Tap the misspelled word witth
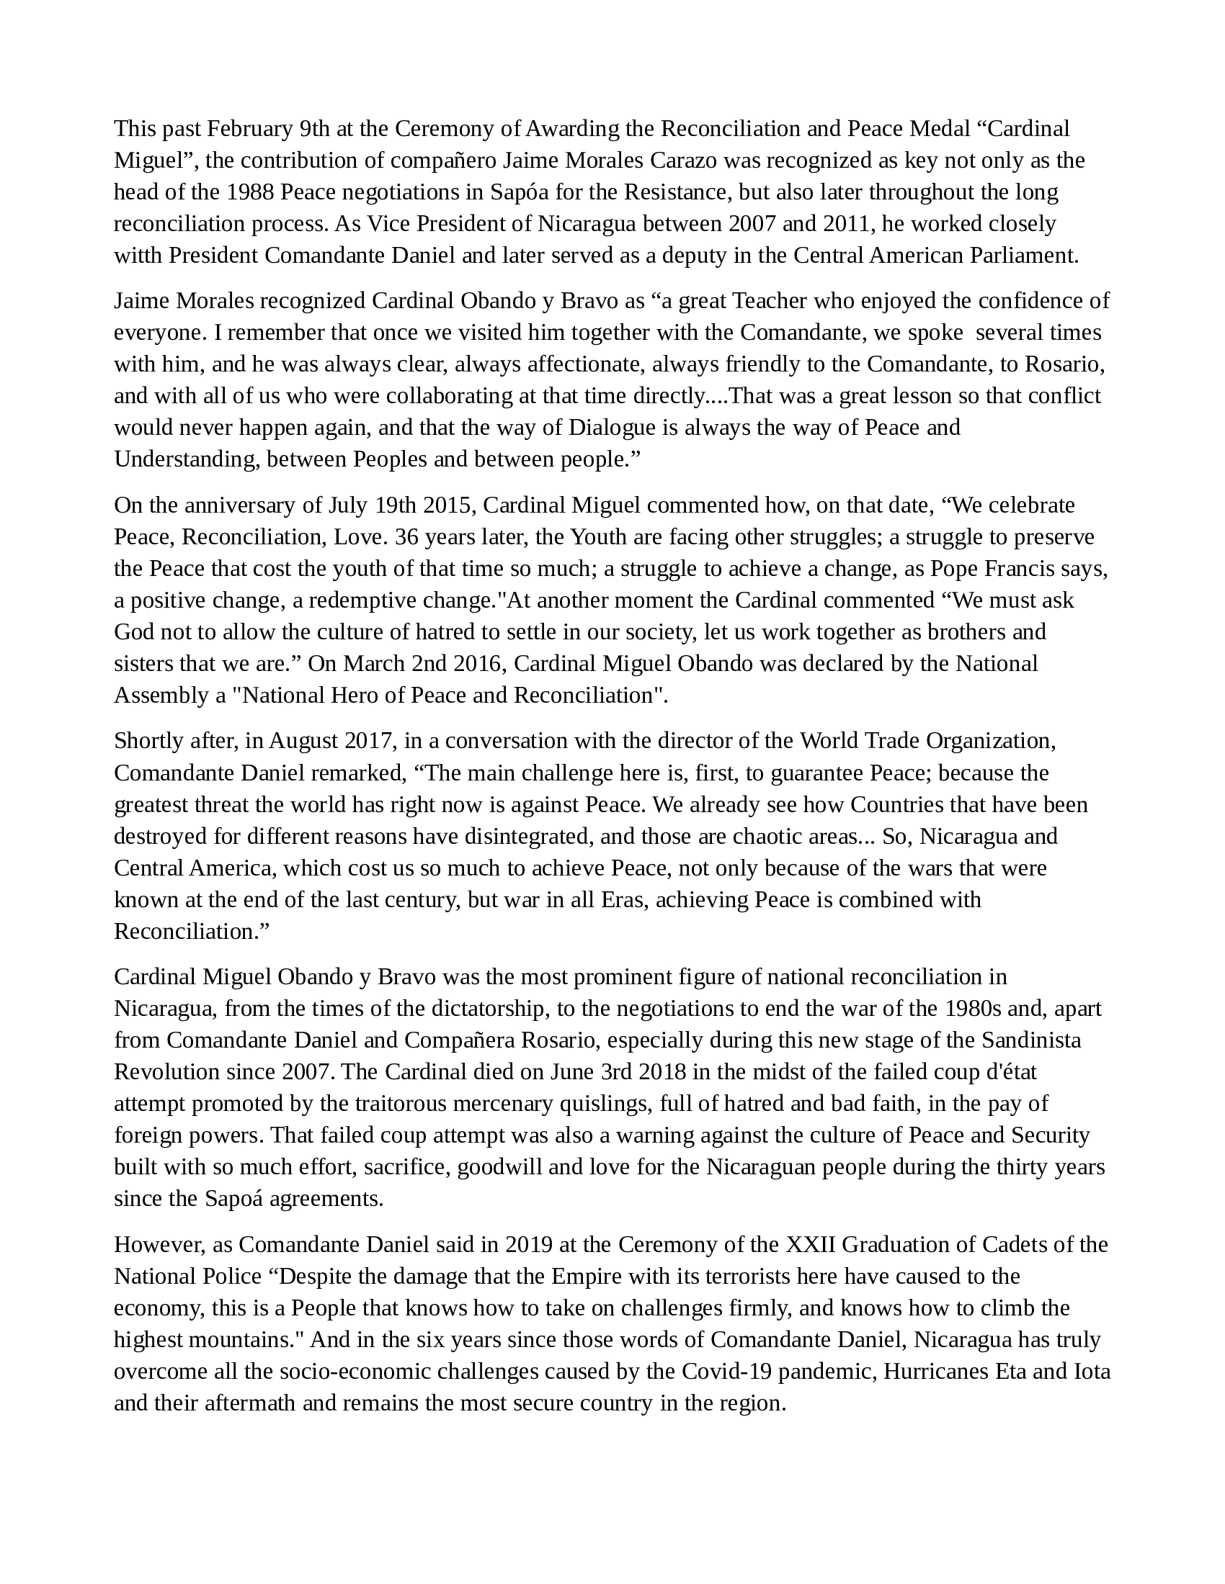click(138, 256)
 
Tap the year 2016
click(473, 664)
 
